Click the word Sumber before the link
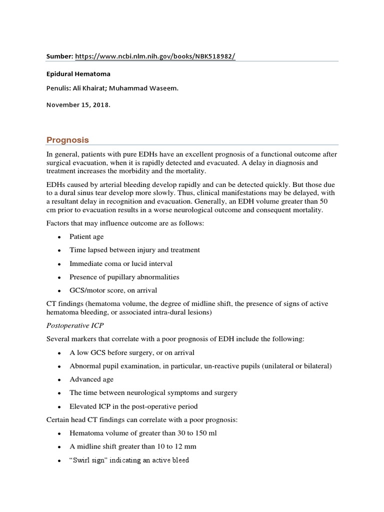pos(59,56)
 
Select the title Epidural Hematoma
pos(79,73)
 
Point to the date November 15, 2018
pos(77,105)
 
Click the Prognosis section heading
pos(68,139)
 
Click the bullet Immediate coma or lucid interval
pos(121,263)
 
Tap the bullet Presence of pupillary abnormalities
pos(124,277)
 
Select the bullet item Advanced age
pos(91,379)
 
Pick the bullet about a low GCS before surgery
pos(132,352)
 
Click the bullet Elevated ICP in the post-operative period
pos(133,406)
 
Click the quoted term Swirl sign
pos(87,460)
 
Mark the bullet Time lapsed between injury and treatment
pos(134,250)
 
